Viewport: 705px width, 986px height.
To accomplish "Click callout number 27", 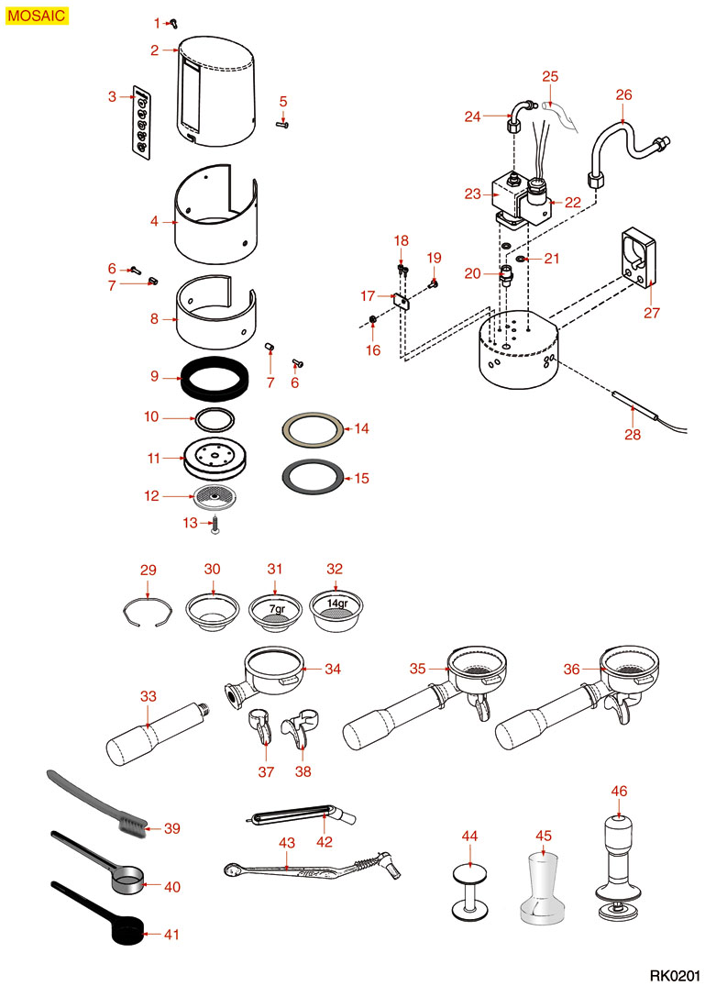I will point(652,313).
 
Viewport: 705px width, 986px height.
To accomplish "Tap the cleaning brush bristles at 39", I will point(134,827).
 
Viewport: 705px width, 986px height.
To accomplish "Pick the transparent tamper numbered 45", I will point(545,889).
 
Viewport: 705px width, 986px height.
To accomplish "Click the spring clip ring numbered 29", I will point(148,612).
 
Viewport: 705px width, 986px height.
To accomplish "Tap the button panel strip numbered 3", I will point(142,123).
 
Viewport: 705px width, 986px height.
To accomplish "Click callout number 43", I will point(287,841).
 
